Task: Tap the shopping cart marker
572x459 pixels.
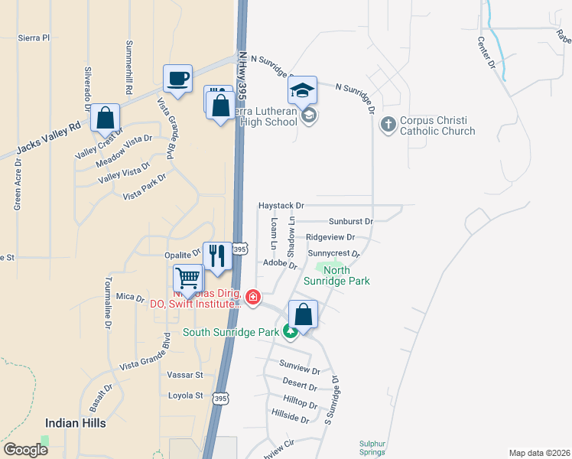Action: (x=188, y=278)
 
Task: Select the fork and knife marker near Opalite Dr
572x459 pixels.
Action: (x=217, y=256)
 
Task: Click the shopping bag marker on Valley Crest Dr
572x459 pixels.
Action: (x=106, y=118)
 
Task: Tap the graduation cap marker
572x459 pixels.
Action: (x=303, y=90)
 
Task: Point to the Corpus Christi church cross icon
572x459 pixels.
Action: (x=388, y=123)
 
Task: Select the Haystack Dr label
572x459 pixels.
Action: (x=281, y=206)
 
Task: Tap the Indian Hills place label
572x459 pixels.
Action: (x=75, y=422)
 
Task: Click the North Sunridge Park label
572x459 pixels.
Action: (x=346, y=275)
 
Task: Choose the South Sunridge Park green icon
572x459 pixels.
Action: (x=290, y=331)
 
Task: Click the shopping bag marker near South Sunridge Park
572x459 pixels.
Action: (x=304, y=314)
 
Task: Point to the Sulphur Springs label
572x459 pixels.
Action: (x=374, y=447)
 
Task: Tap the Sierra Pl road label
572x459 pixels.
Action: (x=34, y=37)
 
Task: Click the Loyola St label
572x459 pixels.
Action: (x=187, y=396)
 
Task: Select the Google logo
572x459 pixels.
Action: (x=26, y=450)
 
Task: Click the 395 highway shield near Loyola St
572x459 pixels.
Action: (x=220, y=399)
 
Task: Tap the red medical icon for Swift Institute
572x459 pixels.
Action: (x=252, y=297)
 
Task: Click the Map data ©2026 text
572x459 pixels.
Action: (x=538, y=452)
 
